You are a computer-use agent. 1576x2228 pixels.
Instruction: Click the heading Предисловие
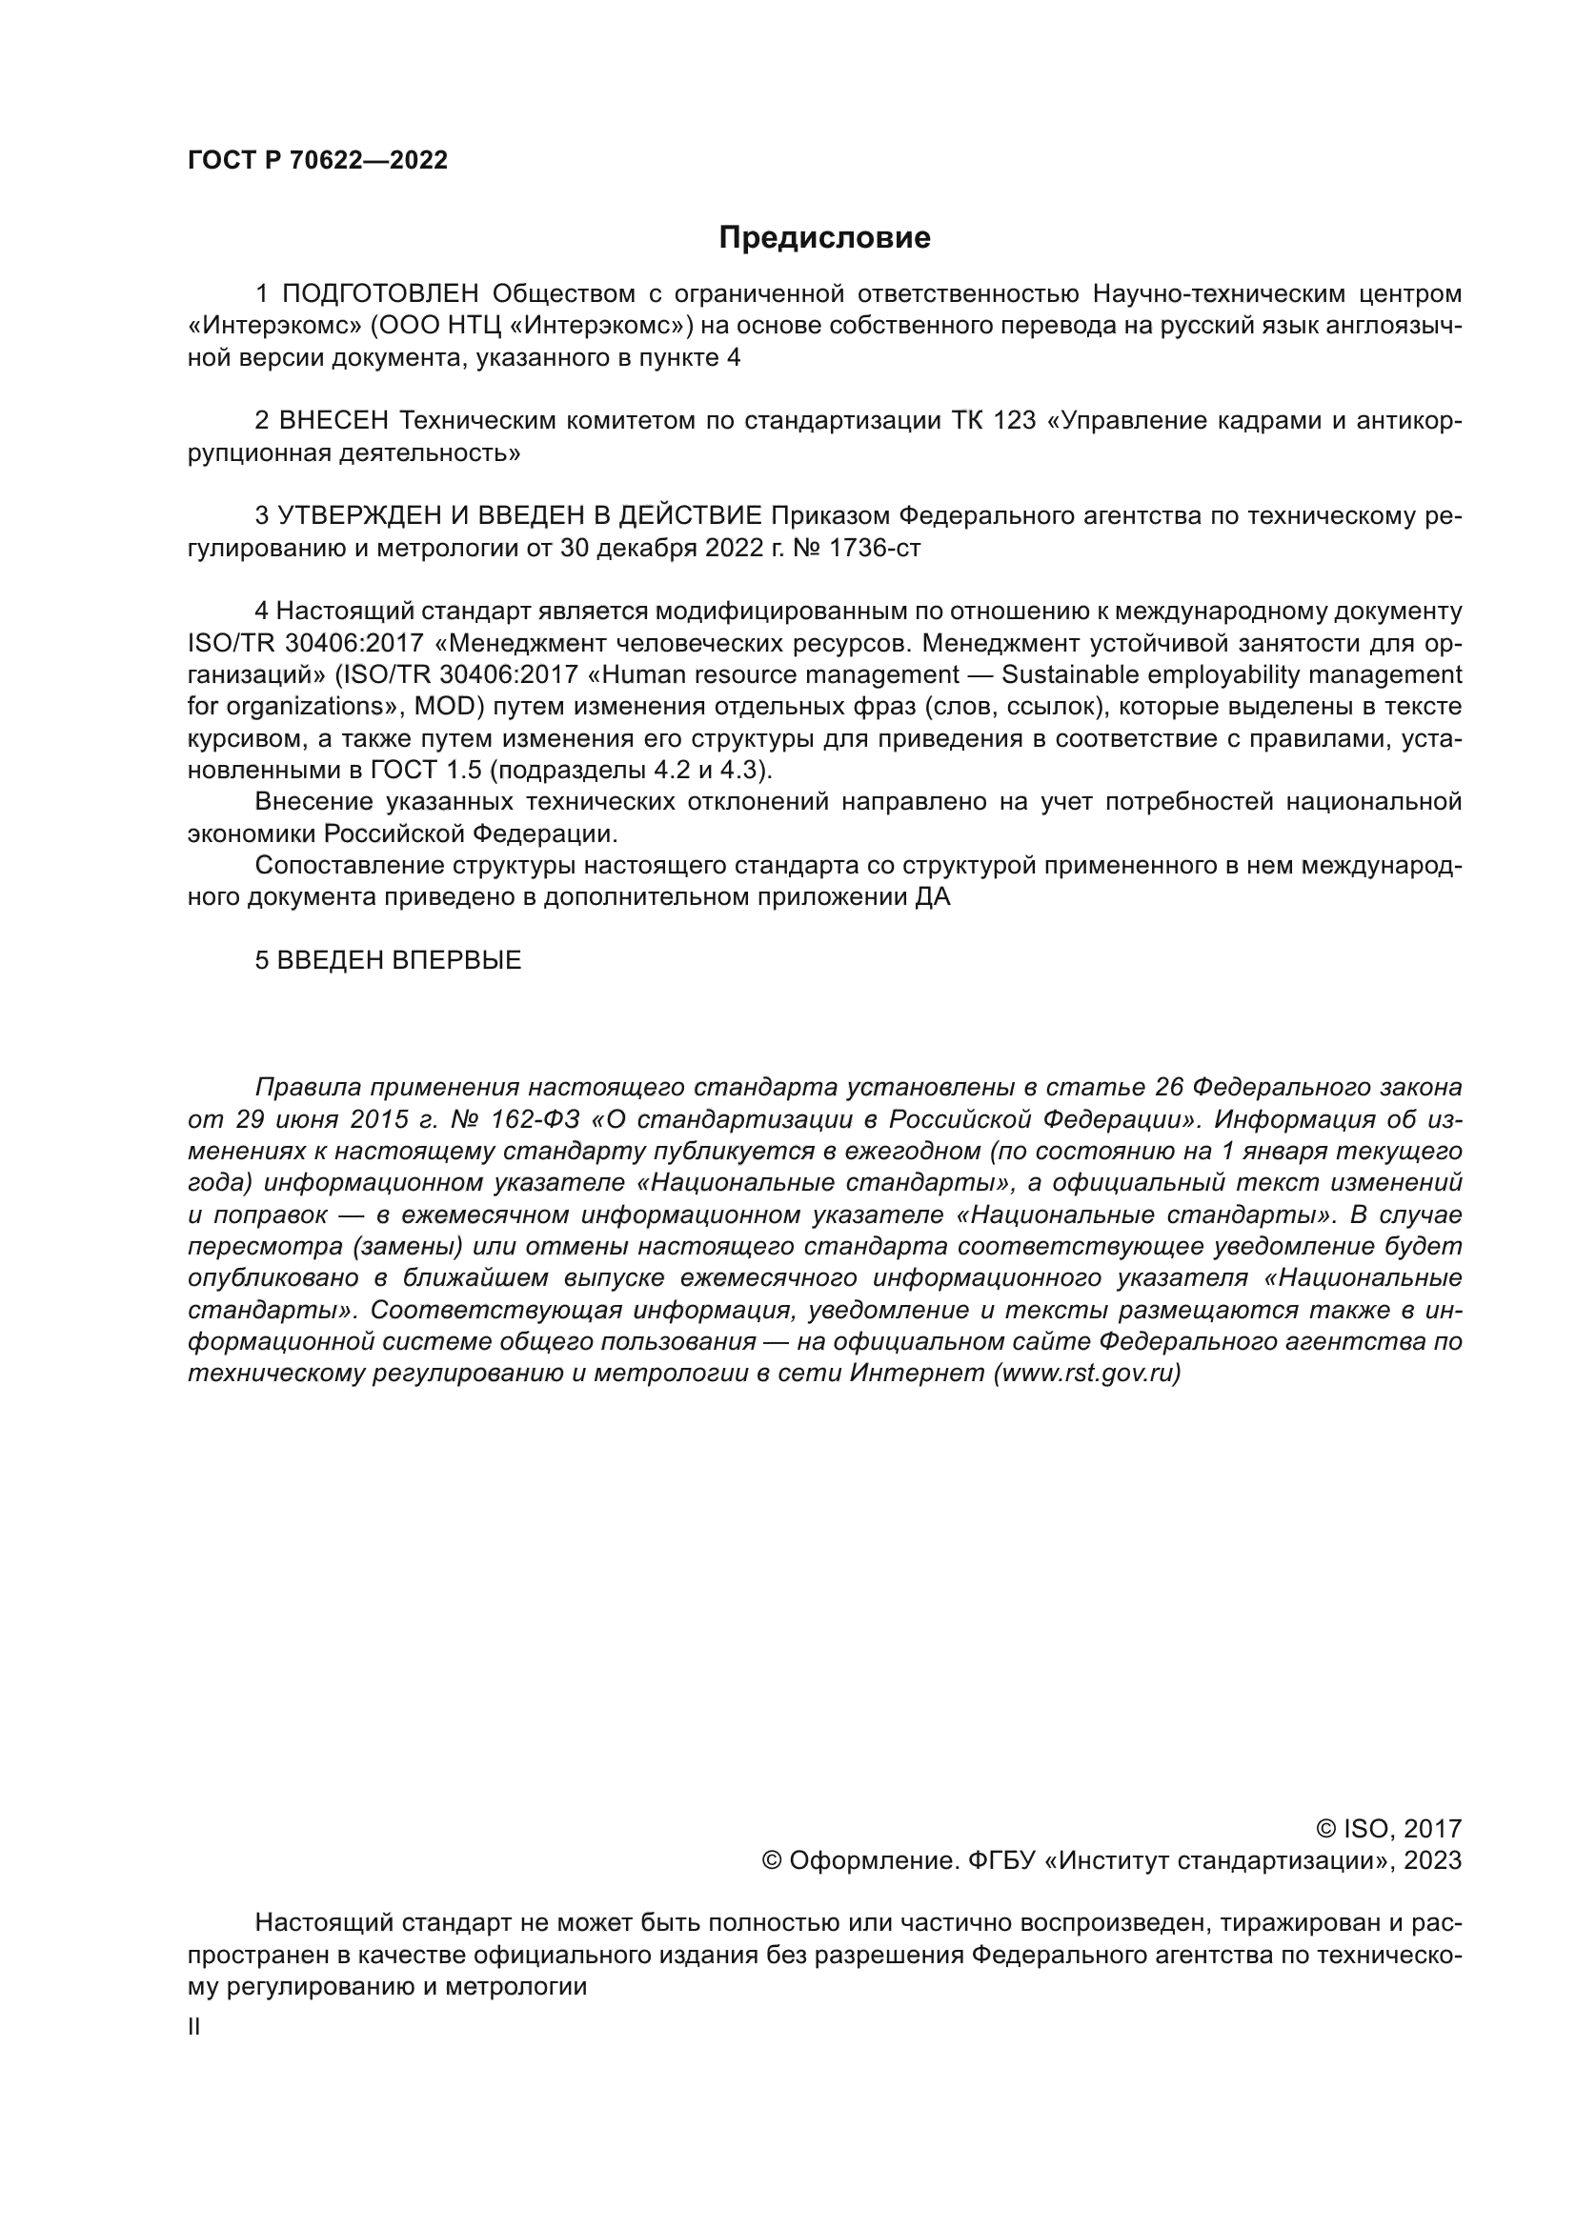824,238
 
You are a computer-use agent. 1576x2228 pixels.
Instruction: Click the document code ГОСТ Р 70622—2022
317,161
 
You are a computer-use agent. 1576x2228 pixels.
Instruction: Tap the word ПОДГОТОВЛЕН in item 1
380,294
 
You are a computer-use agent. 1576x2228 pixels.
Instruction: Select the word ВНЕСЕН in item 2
333,421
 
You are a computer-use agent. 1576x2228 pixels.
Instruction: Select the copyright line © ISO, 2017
1388,1830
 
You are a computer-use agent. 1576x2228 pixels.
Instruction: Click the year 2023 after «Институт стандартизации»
1431,1861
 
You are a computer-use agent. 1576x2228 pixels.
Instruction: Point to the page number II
194,2027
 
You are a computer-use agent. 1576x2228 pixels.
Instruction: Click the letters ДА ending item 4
933,897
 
